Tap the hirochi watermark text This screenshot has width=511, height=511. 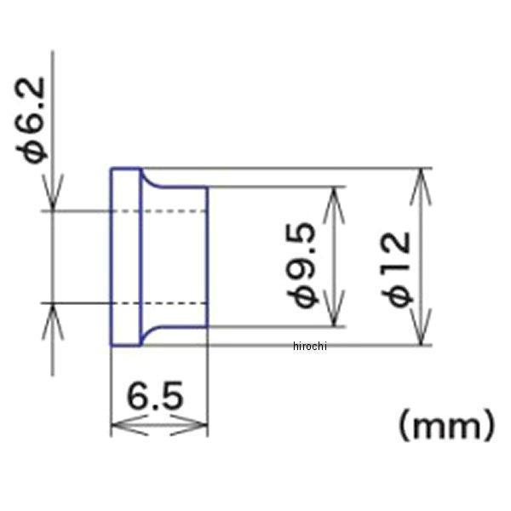(309, 345)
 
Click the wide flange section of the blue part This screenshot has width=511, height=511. (125, 256)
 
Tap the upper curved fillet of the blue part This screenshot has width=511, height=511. (148, 181)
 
